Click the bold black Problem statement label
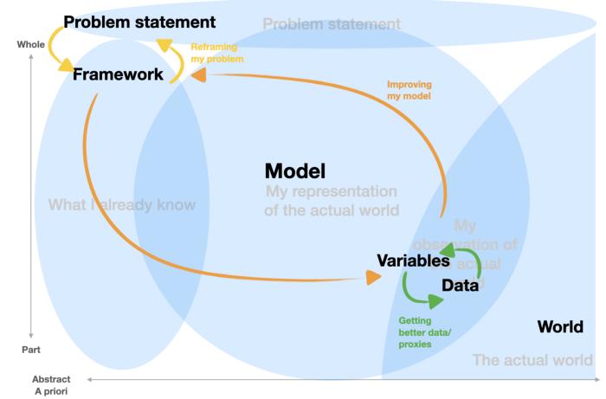139,22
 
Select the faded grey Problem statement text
332,24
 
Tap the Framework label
118,74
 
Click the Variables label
413,259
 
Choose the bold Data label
460,286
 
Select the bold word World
560,326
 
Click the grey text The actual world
532,359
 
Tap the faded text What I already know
122,205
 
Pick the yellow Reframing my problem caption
217,53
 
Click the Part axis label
31,350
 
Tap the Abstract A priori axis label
51,384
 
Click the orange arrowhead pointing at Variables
373,277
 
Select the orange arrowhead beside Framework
198,76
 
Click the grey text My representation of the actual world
331,200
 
